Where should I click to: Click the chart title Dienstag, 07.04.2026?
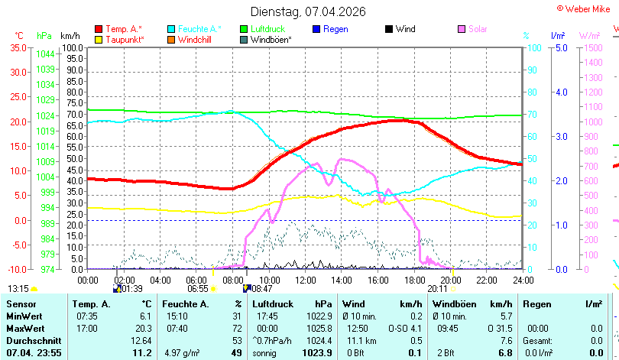308,11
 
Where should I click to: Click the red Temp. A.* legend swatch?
99,29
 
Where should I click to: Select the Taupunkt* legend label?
125,40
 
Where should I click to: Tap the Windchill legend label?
195,40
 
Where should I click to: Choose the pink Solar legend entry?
472,29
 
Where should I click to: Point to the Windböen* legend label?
271,40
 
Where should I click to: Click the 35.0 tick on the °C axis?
18,48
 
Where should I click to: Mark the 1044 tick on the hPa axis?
45,54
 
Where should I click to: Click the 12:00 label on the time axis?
306,281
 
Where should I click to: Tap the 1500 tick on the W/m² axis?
593,48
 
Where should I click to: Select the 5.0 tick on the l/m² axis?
562,48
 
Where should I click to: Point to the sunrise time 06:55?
197,289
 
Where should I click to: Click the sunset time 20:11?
437,289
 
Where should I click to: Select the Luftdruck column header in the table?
273,304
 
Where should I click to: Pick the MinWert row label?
24,316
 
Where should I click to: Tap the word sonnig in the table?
264,353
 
